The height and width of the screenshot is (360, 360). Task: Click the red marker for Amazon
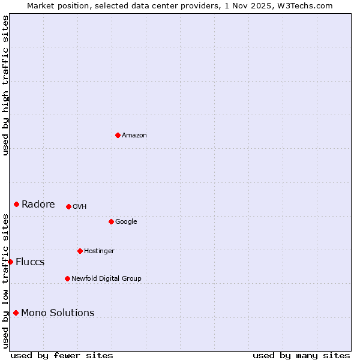point(118,135)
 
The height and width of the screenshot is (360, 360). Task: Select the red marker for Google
point(111,221)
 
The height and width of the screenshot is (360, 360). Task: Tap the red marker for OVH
point(68,206)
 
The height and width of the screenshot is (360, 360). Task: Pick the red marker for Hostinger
point(80,251)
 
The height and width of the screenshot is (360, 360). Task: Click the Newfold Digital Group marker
point(67,278)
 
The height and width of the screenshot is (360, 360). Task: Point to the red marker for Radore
point(16,204)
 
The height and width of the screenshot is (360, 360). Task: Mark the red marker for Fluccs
point(10,262)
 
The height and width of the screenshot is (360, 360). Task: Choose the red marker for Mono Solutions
point(16,313)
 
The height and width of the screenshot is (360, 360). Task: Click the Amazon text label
point(134,136)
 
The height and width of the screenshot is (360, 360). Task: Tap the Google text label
point(126,222)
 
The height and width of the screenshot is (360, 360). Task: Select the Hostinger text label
point(99,251)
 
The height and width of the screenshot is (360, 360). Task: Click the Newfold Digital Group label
point(106,279)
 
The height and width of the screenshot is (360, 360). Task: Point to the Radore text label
point(38,205)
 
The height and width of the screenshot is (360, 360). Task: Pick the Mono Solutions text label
point(58,313)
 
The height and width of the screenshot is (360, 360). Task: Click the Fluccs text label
point(30,262)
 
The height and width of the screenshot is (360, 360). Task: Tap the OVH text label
point(79,207)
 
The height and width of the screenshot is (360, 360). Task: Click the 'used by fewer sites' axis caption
point(62,355)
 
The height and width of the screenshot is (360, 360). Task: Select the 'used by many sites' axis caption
point(301,355)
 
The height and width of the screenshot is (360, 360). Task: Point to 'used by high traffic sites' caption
point(5,85)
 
